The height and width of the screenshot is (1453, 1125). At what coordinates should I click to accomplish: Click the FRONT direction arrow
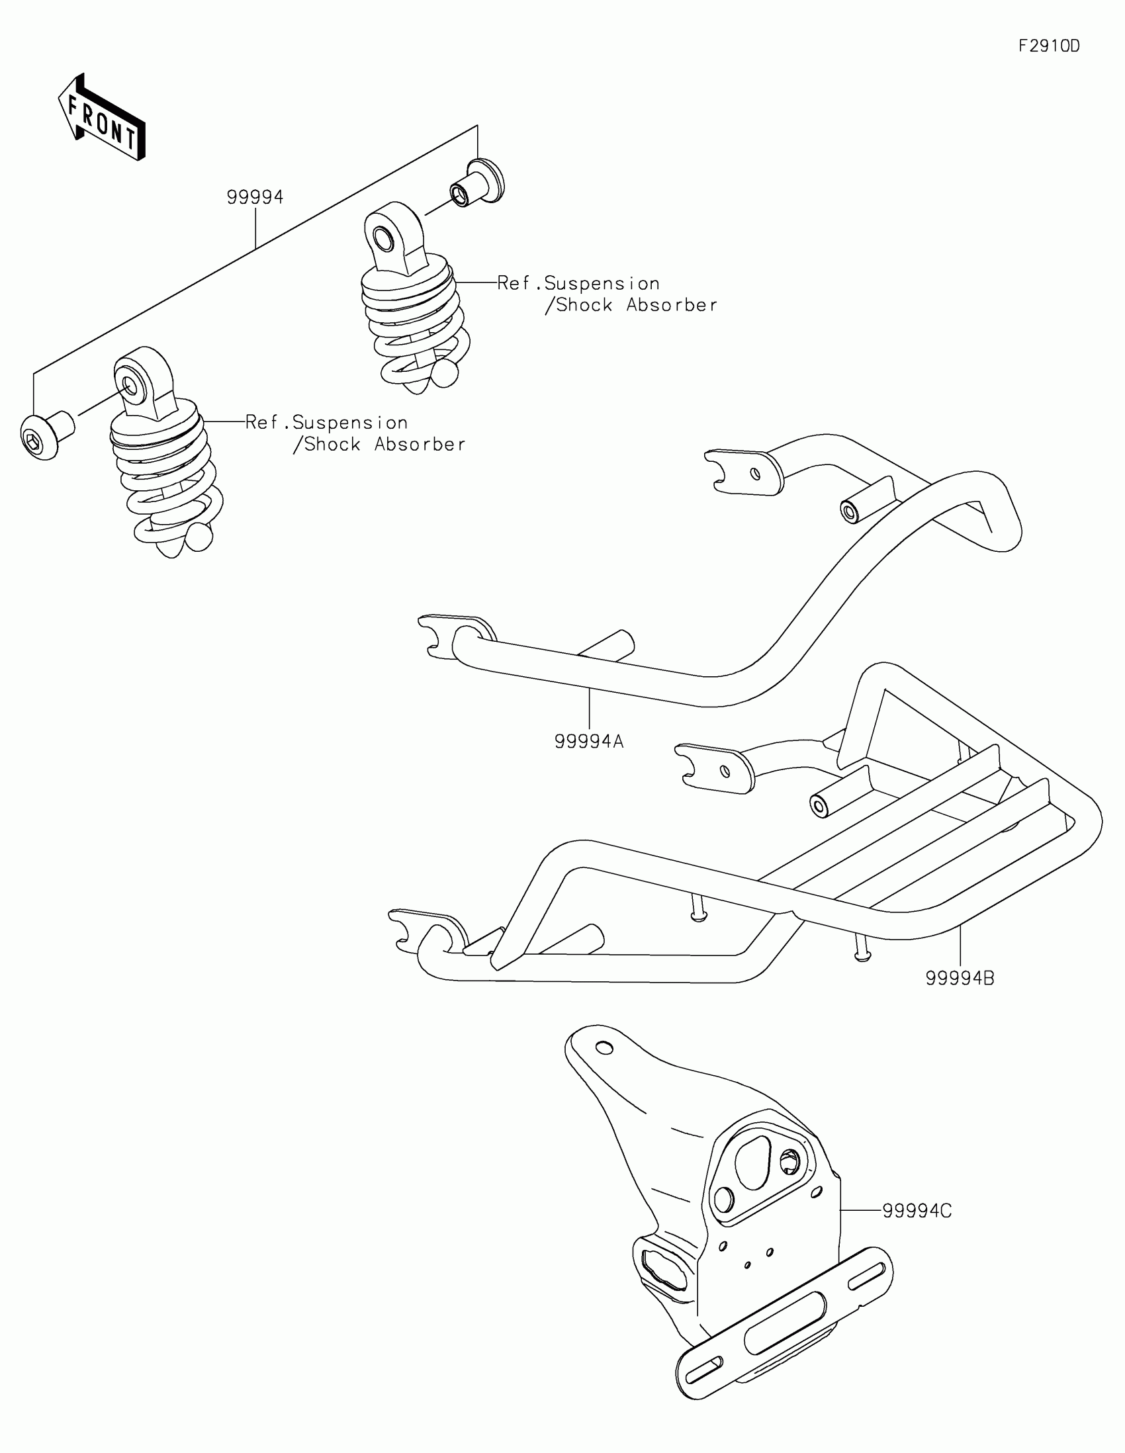click(x=102, y=117)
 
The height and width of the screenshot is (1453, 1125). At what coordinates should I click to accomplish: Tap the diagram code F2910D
click(x=1049, y=46)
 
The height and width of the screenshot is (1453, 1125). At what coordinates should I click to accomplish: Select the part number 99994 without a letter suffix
click(x=255, y=197)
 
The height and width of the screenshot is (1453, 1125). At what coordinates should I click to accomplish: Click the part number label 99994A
click(x=589, y=741)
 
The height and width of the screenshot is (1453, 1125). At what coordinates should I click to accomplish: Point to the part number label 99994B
click(x=960, y=979)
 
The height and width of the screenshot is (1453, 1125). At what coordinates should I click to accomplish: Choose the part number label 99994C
click(x=917, y=1211)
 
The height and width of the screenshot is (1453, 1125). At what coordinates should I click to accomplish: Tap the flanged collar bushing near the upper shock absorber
click(x=478, y=183)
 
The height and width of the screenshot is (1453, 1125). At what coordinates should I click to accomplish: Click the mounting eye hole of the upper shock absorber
click(x=384, y=238)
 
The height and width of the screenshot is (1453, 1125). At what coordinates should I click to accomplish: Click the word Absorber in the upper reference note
click(x=672, y=306)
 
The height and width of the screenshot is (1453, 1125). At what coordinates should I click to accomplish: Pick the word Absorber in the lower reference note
click(x=420, y=445)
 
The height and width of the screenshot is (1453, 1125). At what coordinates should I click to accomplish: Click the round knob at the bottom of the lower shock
click(x=199, y=537)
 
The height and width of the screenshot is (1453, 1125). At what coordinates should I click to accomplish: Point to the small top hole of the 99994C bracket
click(x=604, y=1049)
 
